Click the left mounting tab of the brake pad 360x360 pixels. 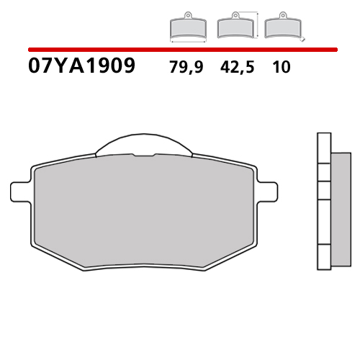click(20, 192)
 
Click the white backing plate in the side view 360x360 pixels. click(323, 202)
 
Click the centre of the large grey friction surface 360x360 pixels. click(144, 212)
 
